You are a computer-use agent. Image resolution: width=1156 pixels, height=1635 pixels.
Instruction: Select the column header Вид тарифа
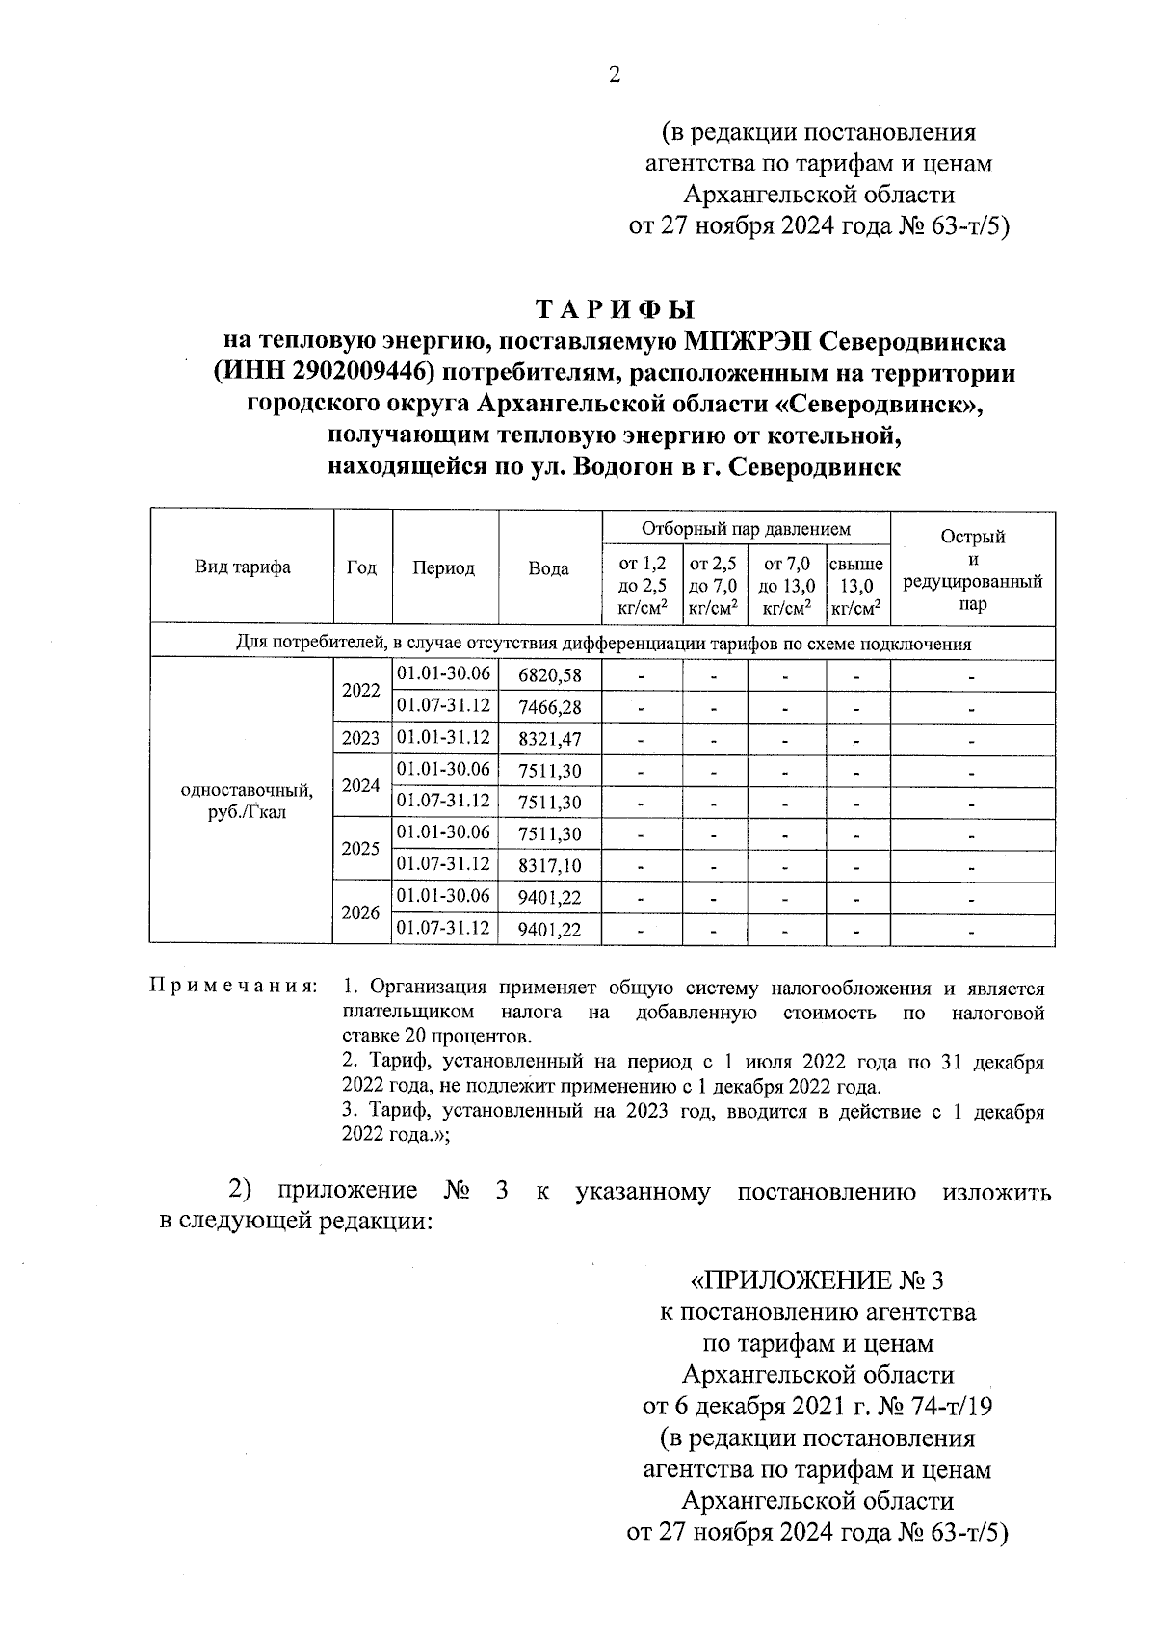click(242, 567)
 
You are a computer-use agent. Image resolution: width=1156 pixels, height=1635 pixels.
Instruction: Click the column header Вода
click(549, 568)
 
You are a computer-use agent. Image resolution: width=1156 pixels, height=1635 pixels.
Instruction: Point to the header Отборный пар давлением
click(746, 529)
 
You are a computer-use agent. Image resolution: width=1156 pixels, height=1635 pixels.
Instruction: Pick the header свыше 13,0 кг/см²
click(856, 585)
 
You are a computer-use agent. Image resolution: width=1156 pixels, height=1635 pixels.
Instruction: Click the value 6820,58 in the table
click(549, 675)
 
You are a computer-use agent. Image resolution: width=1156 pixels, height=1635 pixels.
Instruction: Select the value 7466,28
click(549, 708)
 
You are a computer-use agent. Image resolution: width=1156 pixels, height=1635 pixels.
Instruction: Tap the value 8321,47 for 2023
click(549, 740)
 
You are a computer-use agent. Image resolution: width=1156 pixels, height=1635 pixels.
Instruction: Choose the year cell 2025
click(361, 850)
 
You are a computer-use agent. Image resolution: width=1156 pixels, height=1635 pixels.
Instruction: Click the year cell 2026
click(361, 912)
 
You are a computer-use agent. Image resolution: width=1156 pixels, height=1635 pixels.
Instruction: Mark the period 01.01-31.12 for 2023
click(443, 739)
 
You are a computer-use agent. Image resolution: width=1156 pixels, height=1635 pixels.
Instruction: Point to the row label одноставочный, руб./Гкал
click(247, 802)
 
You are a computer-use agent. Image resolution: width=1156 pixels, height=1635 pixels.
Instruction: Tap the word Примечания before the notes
click(233, 988)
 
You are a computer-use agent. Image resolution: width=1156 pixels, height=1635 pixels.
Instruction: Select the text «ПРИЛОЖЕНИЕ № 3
click(818, 1280)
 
